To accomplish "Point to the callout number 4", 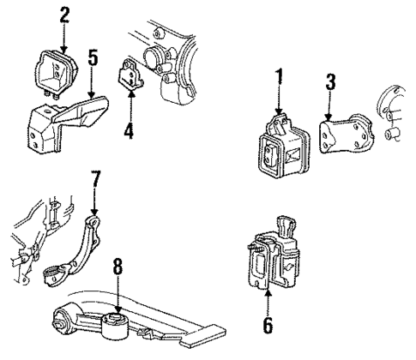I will click(129, 131).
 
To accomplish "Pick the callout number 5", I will click(93, 57).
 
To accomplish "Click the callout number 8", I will click(118, 267).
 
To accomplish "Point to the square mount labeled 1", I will click(278, 153).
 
